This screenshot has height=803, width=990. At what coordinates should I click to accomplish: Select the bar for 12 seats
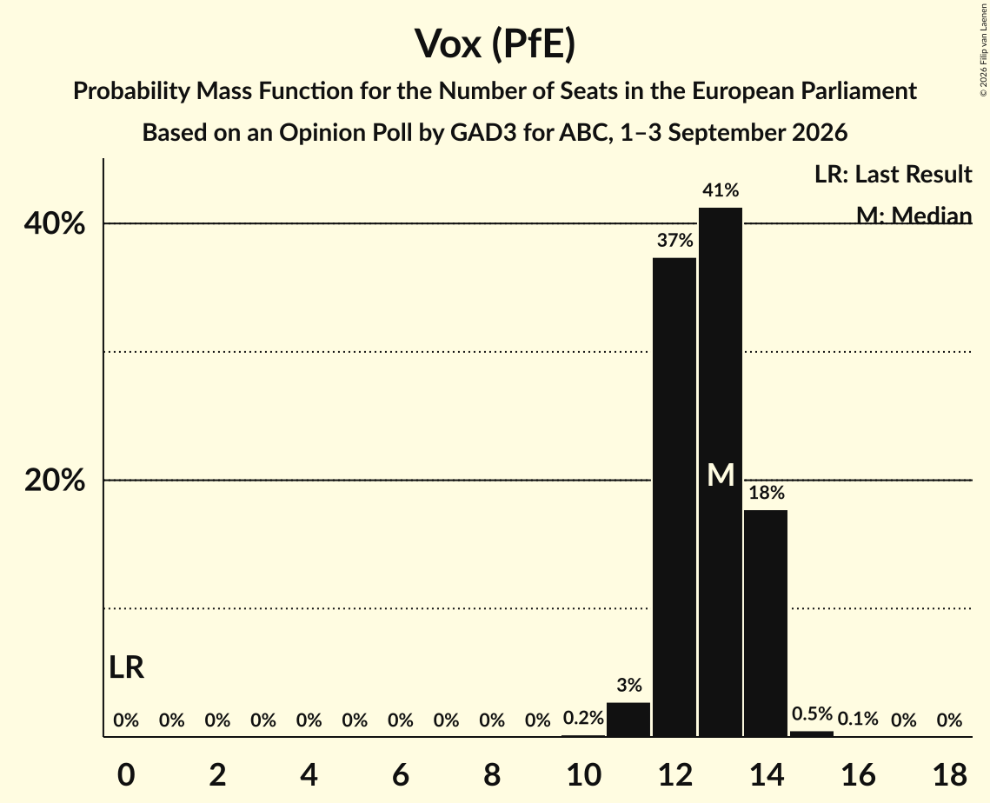[674, 497]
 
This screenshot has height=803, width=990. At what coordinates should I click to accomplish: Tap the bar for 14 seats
[766, 623]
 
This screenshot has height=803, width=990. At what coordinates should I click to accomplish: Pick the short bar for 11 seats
[628, 720]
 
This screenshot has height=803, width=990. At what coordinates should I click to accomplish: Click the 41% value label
[721, 190]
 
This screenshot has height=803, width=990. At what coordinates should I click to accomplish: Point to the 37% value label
[674, 240]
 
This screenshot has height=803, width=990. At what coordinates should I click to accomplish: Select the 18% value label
[767, 493]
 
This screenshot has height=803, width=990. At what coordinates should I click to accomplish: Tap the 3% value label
[628, 685]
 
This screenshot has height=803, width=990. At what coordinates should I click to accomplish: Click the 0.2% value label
[583, 718]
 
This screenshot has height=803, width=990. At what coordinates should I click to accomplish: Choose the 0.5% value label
[812, 713]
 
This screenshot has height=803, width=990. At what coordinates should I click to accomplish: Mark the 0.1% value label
[857, 719]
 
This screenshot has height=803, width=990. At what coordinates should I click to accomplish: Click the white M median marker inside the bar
[721, 474]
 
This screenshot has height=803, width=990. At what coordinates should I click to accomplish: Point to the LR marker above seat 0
[126, 667]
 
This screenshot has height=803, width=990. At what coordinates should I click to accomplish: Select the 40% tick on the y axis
[54, 222]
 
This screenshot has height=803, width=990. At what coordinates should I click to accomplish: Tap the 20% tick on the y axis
[54, 480]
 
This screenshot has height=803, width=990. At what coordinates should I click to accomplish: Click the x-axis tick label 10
[583, 774]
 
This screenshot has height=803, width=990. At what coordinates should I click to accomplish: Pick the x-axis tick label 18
[950, 774]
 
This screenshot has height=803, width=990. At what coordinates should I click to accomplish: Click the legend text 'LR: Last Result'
[893, 174]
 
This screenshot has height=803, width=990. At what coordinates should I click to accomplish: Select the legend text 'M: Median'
[914, 216]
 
